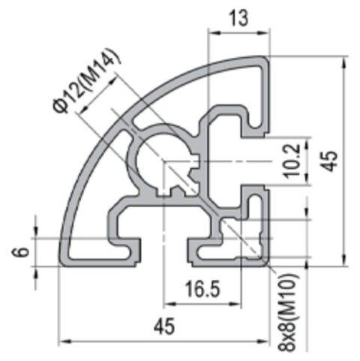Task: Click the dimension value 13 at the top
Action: coord(238,20)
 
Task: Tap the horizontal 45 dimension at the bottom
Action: coord(163,327)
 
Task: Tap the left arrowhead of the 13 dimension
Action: coord(211,34)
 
